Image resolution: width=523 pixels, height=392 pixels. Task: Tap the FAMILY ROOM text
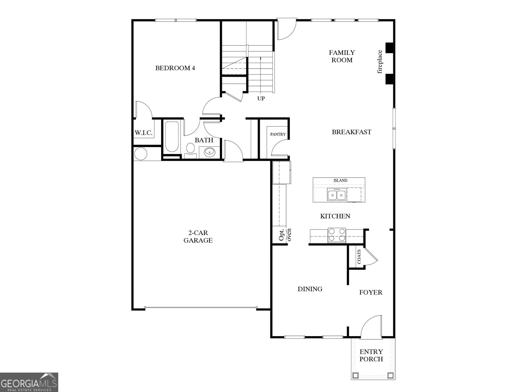pyautogui.click(x=342, y=56)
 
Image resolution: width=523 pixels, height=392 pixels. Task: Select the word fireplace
pyautogui.click(x=380, y=62)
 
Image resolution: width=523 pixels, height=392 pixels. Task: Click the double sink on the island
pyautogui.click(x=337, y=195)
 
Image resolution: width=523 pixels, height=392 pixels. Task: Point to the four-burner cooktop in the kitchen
pyautogui.click(x=337, y=235)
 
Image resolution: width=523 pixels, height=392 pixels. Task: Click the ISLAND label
pyautogui.click(x=340, y=180)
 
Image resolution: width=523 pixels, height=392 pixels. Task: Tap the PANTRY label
pyautogui.click(x=278, y=134)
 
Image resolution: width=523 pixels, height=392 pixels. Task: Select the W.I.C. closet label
pyautogui.click(x=143, y=133)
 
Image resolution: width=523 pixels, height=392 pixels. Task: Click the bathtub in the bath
pyautogui.click(x=171, y=137)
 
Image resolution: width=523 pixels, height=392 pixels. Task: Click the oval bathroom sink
pyautogui.click(x=209, y=152)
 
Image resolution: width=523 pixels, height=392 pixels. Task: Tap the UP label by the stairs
pyautogui.click(x=261, y=98)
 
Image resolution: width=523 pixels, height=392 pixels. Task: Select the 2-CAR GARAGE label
pyautogui.click(x=198, y=237)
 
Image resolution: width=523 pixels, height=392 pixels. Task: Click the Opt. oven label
pyautogui.click(x=285, y=235)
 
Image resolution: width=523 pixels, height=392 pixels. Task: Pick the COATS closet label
pyautogui.click(x=359, y=257)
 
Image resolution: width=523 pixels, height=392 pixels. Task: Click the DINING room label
pyautogui.click(x=310, y=289)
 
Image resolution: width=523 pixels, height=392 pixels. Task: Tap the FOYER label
pyautogui.click(x=371, y=292)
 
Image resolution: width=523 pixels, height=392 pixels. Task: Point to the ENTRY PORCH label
pyautogui.click(x=371, y=355)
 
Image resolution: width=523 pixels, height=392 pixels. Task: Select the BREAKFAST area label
pyautogui.click(x=351, y=132)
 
